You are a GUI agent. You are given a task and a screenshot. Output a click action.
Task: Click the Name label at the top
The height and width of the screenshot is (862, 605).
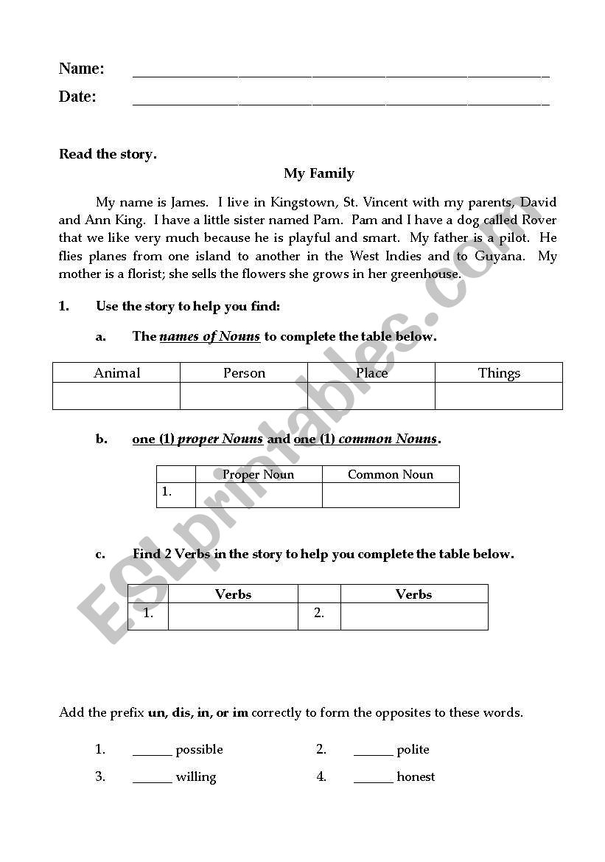click(81, 69)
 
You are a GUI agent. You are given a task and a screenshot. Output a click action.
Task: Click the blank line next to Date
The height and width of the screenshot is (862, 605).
click(340, 101)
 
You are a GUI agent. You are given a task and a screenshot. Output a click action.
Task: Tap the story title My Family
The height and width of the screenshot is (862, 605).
click(319, 173)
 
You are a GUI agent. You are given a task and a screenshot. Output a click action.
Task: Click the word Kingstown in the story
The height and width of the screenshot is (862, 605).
click(304, 202)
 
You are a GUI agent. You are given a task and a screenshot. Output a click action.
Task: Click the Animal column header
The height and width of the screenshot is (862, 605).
click(116, 372)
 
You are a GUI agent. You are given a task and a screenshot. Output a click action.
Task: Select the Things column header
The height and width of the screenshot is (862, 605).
click(499, 372)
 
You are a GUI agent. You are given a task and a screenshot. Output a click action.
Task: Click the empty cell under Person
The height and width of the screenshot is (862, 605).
click(244, 396)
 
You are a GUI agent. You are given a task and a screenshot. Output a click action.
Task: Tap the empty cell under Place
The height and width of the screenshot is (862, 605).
click(371, 396)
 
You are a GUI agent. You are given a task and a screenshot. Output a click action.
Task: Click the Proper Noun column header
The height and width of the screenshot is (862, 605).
click(259, 474)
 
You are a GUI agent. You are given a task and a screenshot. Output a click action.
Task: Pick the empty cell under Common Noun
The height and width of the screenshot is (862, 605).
click(391, 495)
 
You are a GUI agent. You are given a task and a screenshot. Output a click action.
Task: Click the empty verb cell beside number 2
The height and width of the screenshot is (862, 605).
click(414, 616)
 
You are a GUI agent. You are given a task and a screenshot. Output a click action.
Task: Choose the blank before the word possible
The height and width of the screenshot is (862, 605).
click(152, 751)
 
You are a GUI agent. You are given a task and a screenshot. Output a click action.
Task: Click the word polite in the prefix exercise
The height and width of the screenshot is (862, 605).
click(413, 749)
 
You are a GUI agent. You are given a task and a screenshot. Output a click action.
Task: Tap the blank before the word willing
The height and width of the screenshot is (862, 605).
click(152, 778)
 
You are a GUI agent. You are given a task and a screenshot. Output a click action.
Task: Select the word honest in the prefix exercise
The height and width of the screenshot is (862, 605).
click(416, 776)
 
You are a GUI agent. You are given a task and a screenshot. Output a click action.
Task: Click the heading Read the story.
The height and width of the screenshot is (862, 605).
click(108, 154)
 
